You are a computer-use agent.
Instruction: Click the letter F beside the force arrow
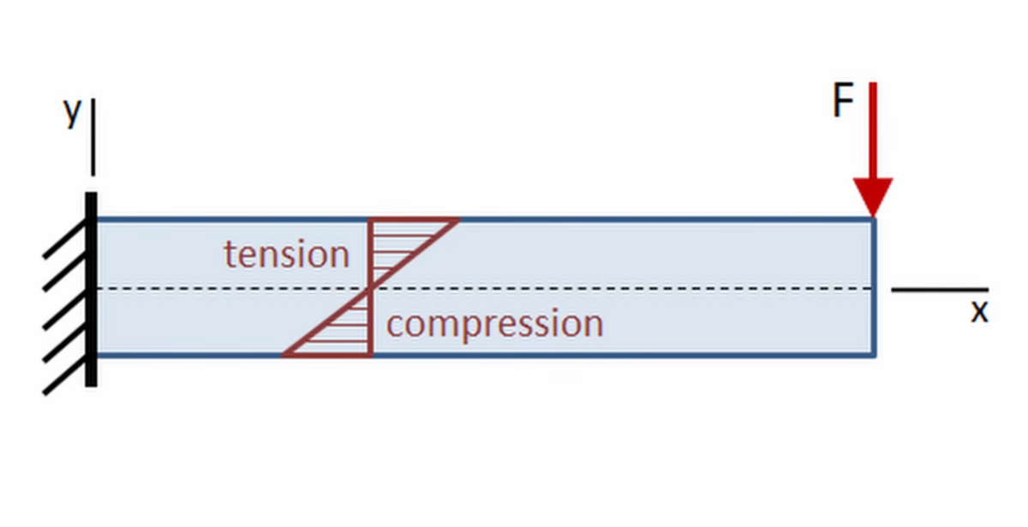(x=843, y=99)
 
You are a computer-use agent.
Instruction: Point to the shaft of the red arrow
(x=873, y=130)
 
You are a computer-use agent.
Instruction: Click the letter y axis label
(x=72, y=112)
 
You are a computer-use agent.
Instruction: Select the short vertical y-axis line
(x=93, y=137)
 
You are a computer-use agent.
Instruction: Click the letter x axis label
(x=979, y=312)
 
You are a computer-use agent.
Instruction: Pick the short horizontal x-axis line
(x=940, y=290)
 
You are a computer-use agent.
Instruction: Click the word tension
(x=287, y=254)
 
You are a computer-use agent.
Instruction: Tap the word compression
(x=495, y=325)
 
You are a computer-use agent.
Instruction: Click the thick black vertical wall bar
(x=92, y=290)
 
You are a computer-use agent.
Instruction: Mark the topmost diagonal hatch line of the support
(x=65, y=240)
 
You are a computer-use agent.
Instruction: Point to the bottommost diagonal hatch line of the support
(x=65, y=375)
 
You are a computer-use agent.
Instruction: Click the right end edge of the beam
(x=874, y=287)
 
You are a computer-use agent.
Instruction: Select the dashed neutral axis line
(x=484, y=289)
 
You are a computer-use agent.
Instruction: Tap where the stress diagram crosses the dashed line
(x=371, y=289)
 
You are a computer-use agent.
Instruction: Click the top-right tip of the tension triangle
(x=459, y=220)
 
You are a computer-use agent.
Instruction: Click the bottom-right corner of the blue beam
(x=875, y=356)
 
